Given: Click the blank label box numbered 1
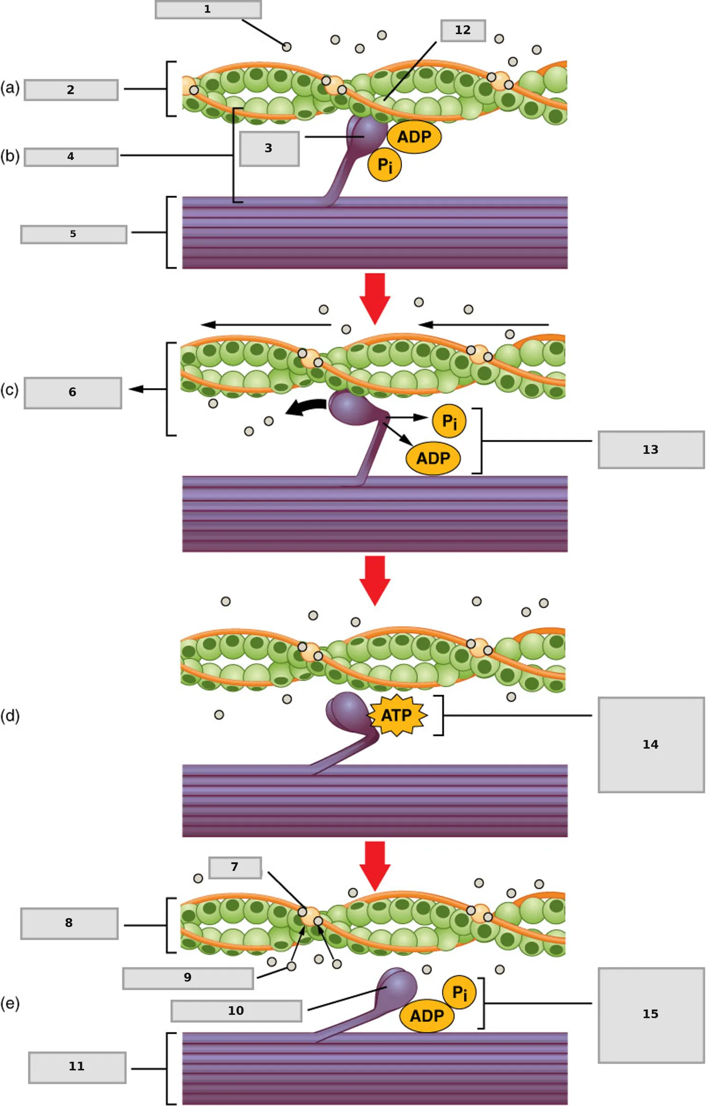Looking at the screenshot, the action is click(208, 10).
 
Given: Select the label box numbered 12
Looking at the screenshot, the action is click(463, 30).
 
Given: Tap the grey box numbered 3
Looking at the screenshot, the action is click(269, 149).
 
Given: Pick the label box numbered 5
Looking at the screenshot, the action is click(74, 234).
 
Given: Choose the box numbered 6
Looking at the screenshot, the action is click(73, 393).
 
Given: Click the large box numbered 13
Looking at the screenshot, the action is click(651, 449).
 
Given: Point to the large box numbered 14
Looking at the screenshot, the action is click(651, 744).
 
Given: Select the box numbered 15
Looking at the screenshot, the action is click(651, 1015).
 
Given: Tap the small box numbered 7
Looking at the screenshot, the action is click(235, 868).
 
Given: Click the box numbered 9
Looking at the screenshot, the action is click(188, 978).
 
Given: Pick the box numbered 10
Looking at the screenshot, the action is click(236, 1011).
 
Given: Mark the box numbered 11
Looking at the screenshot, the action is click(77, 1067).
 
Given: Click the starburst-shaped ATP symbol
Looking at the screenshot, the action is click(397, 715).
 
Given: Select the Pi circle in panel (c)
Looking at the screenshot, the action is click(449, 421).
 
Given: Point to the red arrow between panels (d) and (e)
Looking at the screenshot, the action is click(375, 866).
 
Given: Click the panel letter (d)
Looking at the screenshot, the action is click(10, 715).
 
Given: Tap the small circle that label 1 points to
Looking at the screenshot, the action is click(287, 47).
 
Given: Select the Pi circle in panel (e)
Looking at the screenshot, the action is click(459, 992).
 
